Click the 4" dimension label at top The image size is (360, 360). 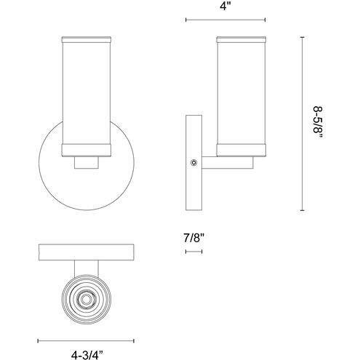point(225,6)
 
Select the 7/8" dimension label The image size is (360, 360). point(194,238)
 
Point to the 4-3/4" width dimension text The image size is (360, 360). point(87,355)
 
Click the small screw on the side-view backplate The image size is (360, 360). point(193,163)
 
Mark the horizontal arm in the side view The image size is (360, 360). point(228,162)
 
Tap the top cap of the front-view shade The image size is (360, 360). point(87,40)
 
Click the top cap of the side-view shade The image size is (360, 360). point(241,40)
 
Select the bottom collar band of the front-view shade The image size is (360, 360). point(87,151)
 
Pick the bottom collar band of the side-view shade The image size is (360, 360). point(241,151)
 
